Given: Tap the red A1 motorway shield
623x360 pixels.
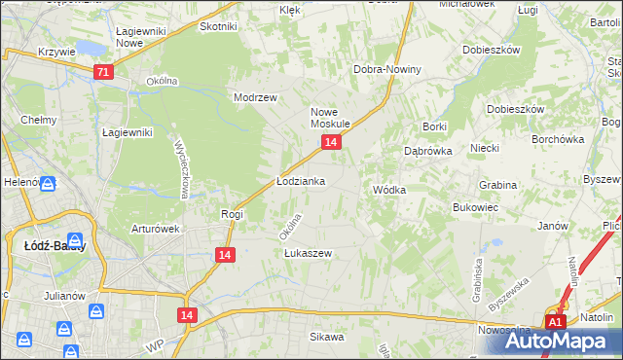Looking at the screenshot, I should [555, 323].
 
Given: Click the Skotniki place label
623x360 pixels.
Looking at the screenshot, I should [219, 26].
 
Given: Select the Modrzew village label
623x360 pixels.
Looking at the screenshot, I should [256, 98].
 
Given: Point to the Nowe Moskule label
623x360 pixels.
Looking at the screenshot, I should [330, 118].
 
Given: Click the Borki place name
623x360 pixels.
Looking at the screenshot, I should [434, 127].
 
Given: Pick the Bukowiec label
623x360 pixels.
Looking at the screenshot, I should [476, 207].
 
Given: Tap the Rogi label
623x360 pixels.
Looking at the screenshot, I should [232, 214].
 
